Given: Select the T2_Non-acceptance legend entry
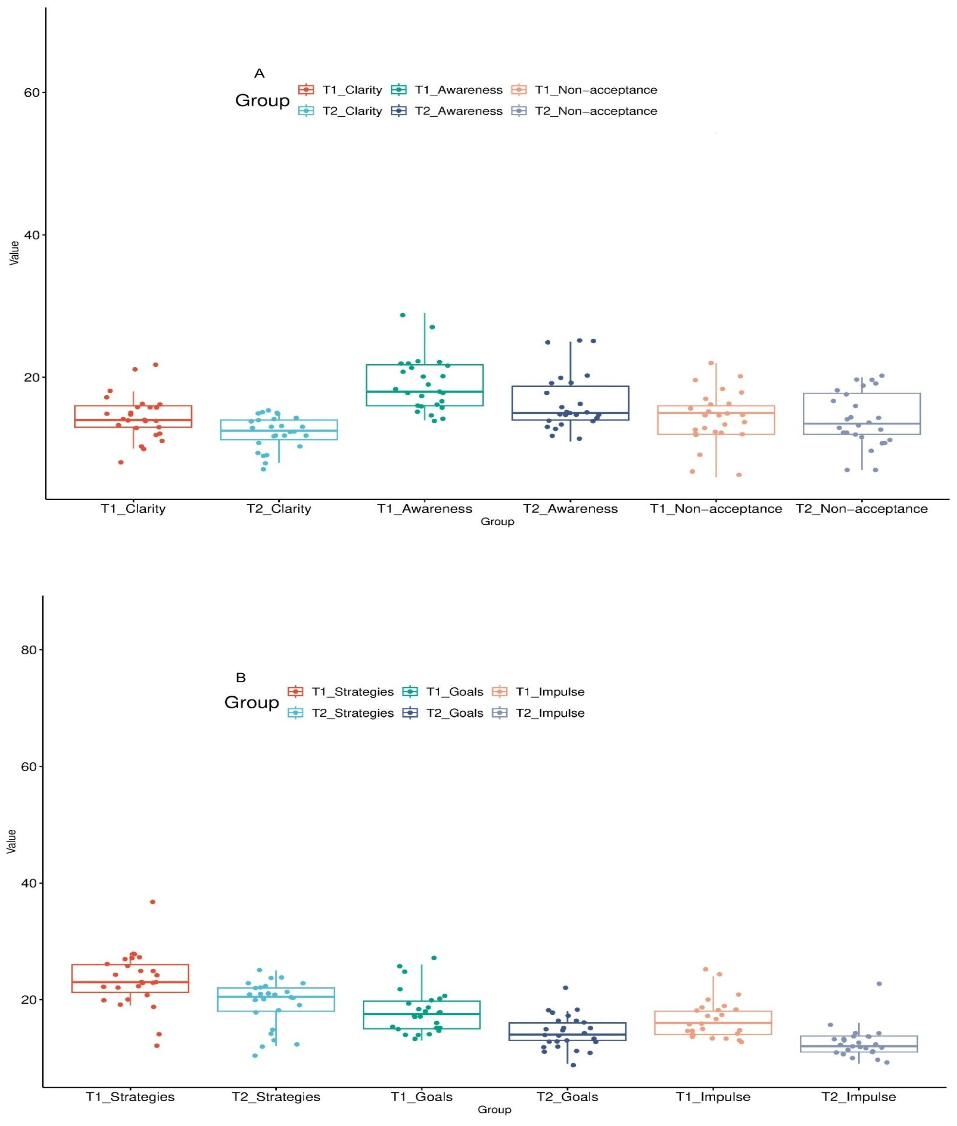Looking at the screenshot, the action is click(584, 111).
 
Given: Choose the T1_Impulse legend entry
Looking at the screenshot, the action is click(538, 692).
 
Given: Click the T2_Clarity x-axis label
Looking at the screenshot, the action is click(279, 509).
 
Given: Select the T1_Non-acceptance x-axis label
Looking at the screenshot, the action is click(716, 509).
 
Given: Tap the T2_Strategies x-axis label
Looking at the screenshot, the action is click(276, 1097).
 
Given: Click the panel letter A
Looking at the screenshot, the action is click(259, 73).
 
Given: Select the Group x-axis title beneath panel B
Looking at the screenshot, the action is click(494, 1110).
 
